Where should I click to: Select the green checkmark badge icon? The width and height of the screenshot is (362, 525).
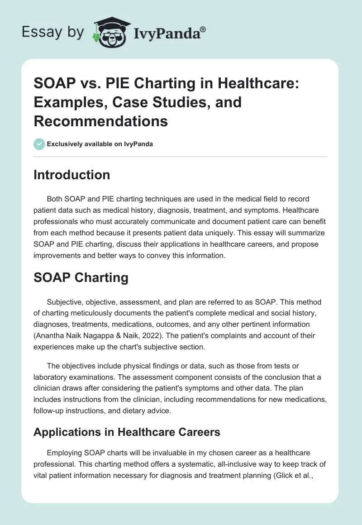[39, 144]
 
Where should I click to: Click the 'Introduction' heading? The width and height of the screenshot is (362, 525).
[71, 175]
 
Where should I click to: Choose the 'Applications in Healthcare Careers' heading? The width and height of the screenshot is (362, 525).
[127, 432]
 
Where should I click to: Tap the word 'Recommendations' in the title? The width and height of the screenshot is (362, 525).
[100, 121]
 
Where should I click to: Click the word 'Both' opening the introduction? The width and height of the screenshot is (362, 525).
[55, 199]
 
